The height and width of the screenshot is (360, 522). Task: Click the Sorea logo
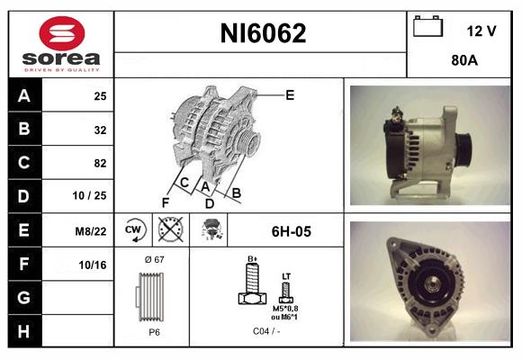coord(61,45)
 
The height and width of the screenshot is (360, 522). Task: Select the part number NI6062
coord(263,33)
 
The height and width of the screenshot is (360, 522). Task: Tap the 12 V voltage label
coord(481,31)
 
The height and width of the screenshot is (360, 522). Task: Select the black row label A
coord(24,96)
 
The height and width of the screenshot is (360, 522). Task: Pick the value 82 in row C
coord(100,163)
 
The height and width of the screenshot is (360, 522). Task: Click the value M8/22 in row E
coord(93,230)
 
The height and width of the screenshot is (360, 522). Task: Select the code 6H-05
coord(292,231)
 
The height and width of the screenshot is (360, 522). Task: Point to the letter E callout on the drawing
coord(290,94)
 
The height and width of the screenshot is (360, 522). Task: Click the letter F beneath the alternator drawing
coord(166,202)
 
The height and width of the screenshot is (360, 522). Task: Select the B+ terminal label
coord(253,258)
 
